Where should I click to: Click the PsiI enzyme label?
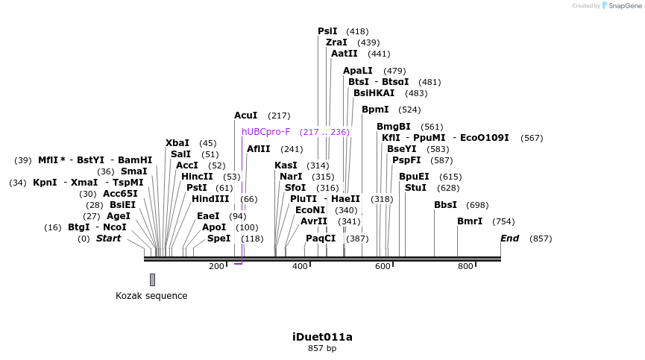[327, 31]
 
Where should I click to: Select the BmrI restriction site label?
[470, 221]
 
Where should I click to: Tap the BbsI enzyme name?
[445, 205]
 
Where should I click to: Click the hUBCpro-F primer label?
[265, 132]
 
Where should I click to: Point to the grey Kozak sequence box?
[152, 280]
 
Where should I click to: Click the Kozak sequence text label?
[151, 296]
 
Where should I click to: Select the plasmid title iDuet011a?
[322, 337]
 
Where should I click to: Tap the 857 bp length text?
[322, 348]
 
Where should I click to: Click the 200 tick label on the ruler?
[217, 266]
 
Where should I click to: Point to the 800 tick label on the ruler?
[465, 266]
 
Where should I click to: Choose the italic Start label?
[108, 239]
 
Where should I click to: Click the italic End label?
[510, 239]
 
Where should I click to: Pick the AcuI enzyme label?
[246, 116]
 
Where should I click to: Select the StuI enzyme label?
[415, 188]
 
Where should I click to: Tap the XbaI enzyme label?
[177, 143]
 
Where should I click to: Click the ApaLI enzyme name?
[358, 71]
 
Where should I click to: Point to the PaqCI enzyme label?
[321, 239]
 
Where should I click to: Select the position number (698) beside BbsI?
[477, 205]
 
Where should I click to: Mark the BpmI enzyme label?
[375, 110]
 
